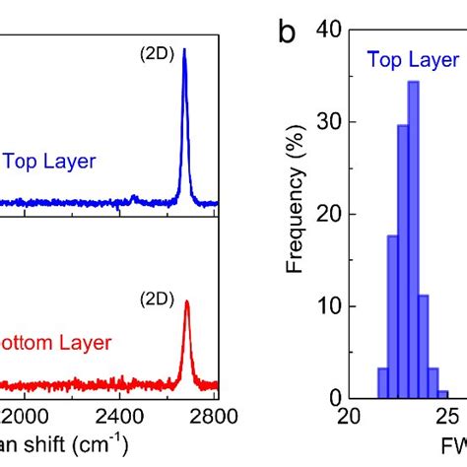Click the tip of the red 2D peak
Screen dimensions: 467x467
click(x=187, y=302)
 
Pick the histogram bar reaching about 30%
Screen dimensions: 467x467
click(x=402, y=261)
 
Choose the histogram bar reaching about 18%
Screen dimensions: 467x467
click(x=392, y=316)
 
